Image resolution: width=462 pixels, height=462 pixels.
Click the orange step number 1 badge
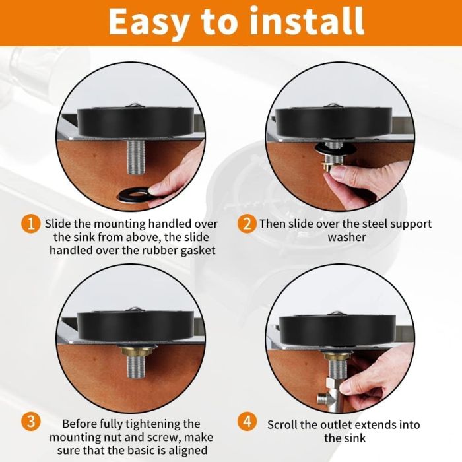tap(30, 224)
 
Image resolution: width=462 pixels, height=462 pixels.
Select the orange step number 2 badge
tap(247, 224)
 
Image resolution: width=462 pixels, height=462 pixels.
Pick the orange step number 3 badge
tap(30, 422)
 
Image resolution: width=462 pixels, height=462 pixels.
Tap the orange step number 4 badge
tap(247, 421)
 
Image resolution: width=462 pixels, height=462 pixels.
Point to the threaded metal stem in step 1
tap(136, 157)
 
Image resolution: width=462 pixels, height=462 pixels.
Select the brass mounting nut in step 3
tap(135, 351)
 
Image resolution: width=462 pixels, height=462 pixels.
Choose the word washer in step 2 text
tap(346, 237)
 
